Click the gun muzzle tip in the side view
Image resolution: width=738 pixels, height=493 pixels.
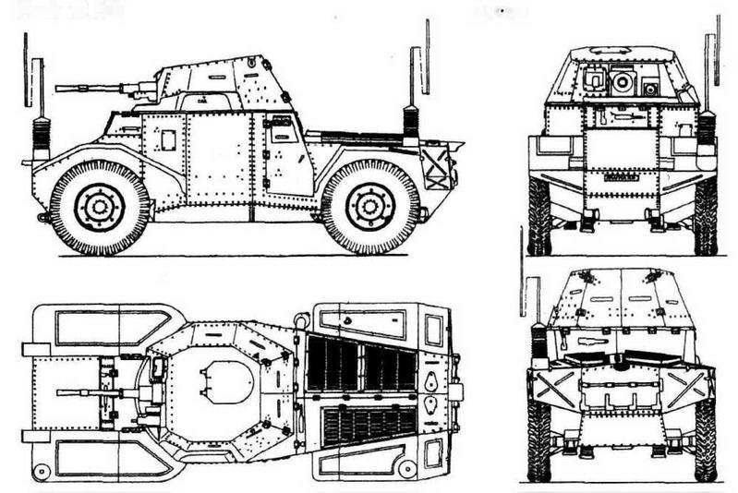[58, 89]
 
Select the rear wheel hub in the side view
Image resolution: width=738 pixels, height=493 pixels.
[370, 207]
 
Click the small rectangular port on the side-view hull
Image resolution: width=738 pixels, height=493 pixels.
[168, 139]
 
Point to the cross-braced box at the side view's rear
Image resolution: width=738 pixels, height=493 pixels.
[436, 168]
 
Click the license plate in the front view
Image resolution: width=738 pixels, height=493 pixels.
[622, 175]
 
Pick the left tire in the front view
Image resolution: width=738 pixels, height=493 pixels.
[539, 216]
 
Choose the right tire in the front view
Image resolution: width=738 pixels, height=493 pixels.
[706, 216]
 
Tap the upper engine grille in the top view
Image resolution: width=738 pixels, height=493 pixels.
[361, 363]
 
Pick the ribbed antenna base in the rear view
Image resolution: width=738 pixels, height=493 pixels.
[538, 342]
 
